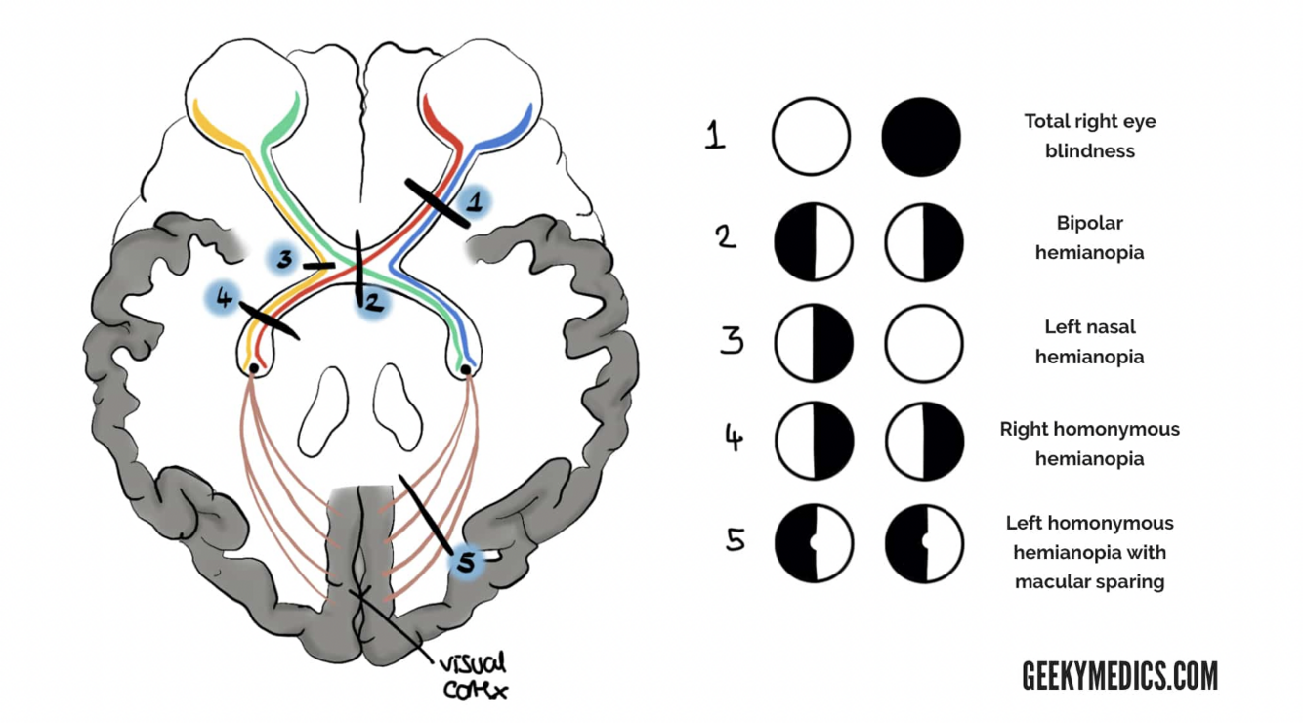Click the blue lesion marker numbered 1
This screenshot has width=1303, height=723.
474,203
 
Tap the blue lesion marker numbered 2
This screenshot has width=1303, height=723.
372,303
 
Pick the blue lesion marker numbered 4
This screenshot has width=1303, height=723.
225,299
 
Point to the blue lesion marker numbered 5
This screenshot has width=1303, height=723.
466,562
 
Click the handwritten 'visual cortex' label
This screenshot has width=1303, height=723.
473,675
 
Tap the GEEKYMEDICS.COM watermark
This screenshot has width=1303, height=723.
1119,675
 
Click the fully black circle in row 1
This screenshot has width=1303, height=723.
921,137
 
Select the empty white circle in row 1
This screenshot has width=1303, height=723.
811,137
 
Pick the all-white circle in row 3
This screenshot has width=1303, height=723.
923,344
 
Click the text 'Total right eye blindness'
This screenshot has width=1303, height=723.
1089,136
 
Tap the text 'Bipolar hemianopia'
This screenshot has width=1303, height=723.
1089,237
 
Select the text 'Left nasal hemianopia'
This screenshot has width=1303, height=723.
1089,341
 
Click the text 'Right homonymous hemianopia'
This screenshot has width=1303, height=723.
1089,444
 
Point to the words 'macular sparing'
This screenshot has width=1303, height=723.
1089,582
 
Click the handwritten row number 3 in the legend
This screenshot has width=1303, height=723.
732,341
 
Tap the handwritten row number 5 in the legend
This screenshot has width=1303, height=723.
736,538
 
